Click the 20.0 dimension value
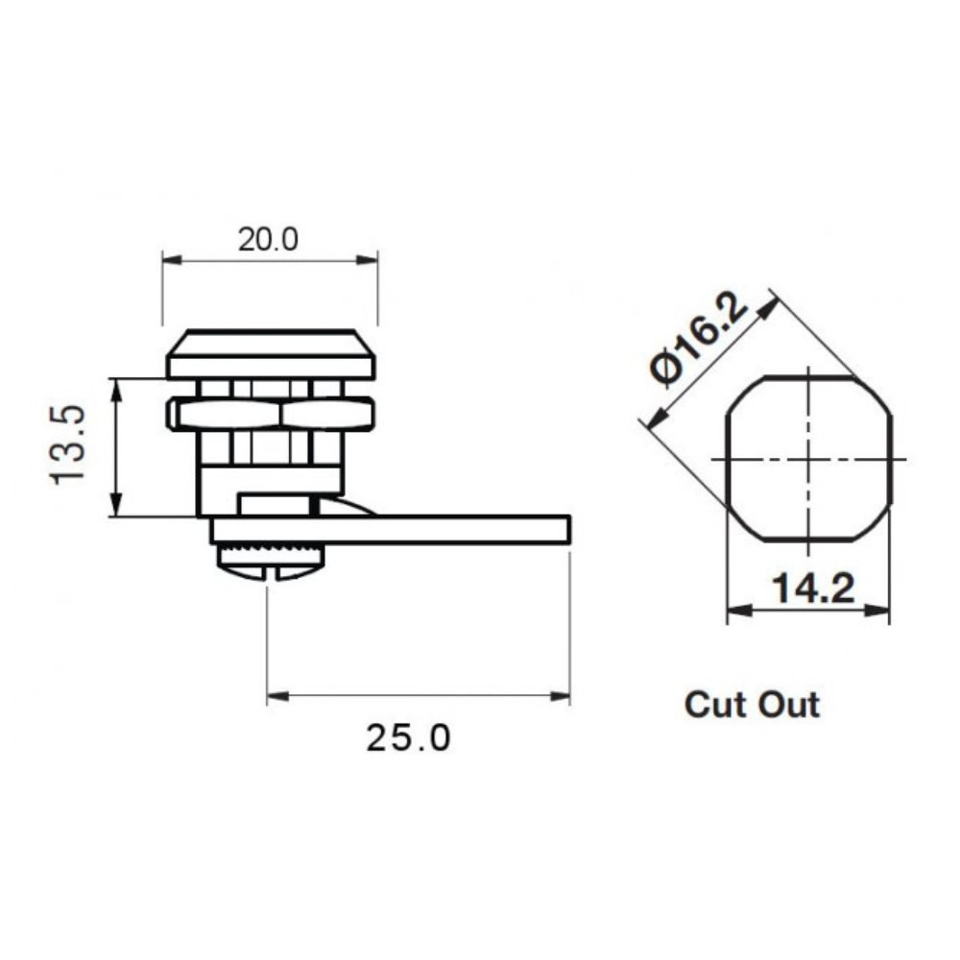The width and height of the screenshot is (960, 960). (269, 239)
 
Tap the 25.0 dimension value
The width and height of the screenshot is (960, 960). (407, 738)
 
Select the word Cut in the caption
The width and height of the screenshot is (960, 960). (716, 705)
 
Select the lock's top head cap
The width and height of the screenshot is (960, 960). (271, 356)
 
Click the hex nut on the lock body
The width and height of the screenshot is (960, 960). (271, 413)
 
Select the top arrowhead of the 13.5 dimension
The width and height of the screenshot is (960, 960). (116, 385)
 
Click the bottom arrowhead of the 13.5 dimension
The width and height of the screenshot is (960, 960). (116, 510)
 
